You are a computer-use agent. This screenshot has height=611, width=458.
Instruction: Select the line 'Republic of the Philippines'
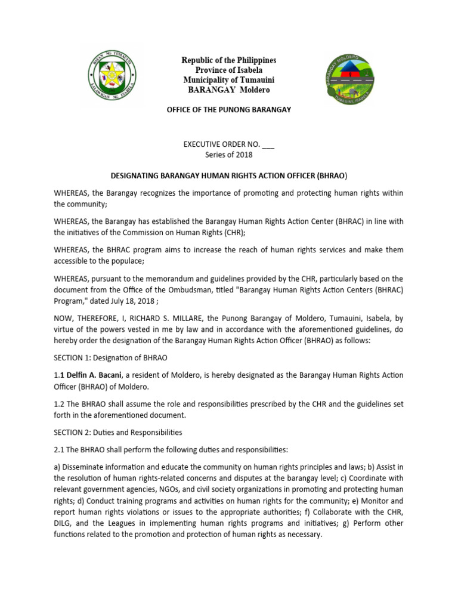point(229,61)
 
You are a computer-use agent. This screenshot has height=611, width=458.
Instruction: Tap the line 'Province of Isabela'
point(229,70)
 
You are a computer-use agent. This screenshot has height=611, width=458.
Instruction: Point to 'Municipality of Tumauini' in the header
point(229,80)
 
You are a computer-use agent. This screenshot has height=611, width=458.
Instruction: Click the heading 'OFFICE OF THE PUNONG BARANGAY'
point(229,110)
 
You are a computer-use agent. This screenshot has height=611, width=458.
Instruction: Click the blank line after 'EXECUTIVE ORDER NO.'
point(268,145)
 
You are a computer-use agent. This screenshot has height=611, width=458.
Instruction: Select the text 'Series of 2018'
point(229,155)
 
